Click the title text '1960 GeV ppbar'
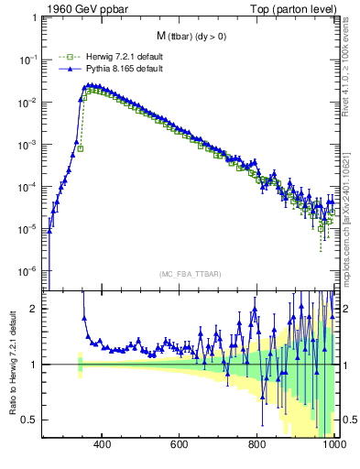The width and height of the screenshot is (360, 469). (82, 9)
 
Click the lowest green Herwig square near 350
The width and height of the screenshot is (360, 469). (81, 148)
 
